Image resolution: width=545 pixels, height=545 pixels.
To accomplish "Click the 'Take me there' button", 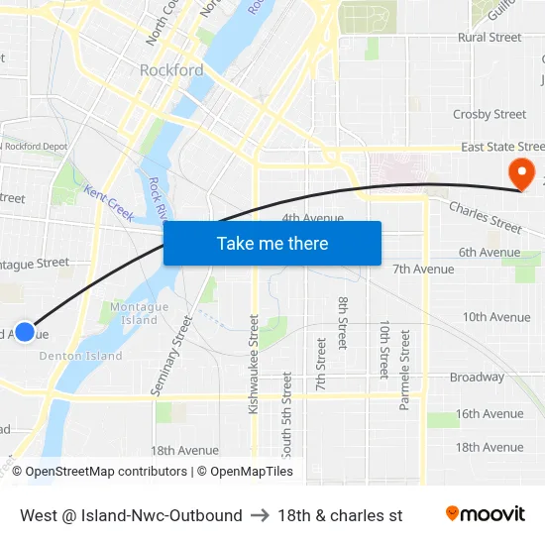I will point(272,243).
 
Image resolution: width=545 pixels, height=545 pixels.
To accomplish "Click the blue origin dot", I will point(25,332).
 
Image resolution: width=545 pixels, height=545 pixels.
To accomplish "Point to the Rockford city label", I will point(171,70).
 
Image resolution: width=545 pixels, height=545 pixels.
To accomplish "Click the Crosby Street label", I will point(490,115).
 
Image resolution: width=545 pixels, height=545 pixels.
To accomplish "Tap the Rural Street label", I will point(490,38).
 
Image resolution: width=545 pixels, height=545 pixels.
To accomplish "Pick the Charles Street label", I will point(485,218).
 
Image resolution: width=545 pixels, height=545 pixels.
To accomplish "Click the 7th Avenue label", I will point(423,269).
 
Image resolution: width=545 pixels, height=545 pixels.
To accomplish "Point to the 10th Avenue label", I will point(495,317).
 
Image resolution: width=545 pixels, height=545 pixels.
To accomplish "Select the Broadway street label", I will point(477,378).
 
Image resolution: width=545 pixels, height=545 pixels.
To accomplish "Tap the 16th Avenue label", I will point(489,414).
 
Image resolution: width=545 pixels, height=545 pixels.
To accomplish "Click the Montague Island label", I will point(133,313).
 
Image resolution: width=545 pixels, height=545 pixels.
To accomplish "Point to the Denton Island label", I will point(81,356).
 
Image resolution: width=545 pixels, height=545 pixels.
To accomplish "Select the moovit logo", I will point(485,514).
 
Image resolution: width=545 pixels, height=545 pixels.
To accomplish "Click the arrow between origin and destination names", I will point(260,515).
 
